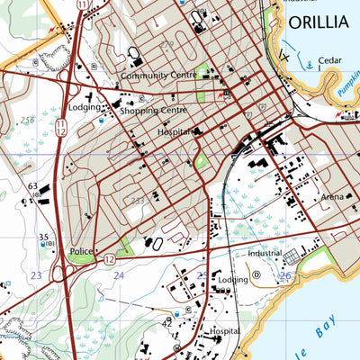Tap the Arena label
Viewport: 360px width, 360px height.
click(333, 196)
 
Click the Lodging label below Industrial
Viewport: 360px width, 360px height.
click(232, 280)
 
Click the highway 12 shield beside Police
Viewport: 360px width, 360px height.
click(108, 259)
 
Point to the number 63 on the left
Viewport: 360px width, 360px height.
click(32, 187)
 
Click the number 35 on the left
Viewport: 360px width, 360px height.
click(42, 238)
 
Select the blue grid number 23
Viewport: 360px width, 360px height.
click(36, 275)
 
